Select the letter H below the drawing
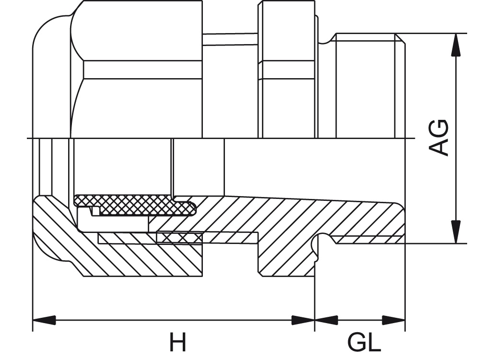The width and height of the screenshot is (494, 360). (x=177, y=343)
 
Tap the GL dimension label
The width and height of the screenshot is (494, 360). (x=365, y=343)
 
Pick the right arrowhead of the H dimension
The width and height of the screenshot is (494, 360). (x=303, y=320)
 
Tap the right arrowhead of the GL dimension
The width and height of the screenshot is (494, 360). (x=394, y=320)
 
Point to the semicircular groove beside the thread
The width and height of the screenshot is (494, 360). (x=320, y=243)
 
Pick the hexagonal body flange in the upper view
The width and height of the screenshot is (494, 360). (x=287, y=72)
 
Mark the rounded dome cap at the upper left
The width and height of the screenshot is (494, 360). (x=50, y=72)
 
